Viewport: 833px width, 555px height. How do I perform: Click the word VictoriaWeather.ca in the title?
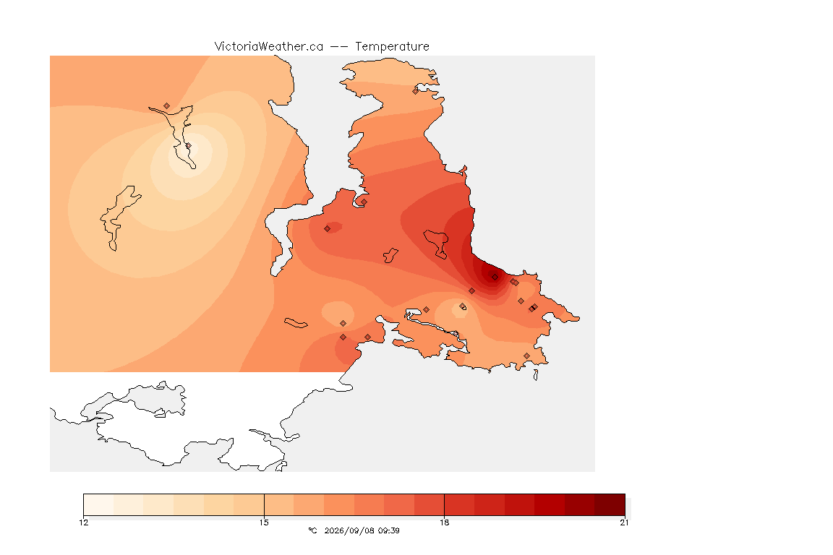269,47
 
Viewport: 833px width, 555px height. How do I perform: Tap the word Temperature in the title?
392,47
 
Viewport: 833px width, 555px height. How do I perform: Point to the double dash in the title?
339,47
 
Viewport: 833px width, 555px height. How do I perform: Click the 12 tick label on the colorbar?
83,522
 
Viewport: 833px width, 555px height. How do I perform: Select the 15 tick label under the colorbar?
264,522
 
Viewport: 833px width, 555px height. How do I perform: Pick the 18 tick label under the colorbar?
444,522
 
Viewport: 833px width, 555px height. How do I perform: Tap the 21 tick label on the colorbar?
624,522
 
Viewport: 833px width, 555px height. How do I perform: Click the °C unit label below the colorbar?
313,530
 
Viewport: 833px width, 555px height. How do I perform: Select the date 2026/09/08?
349,530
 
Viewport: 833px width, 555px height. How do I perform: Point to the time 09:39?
388,530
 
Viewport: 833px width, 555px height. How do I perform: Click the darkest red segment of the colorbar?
610,504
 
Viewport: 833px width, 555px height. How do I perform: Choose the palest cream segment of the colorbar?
99,504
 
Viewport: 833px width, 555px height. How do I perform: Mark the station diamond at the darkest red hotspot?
495,277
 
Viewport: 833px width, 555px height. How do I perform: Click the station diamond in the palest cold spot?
188,145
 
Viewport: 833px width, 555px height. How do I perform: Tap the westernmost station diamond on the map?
167,106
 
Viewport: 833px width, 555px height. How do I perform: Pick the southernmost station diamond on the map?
526,356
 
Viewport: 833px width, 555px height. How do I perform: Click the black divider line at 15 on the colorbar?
264,504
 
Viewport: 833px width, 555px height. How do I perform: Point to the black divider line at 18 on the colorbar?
444,504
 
